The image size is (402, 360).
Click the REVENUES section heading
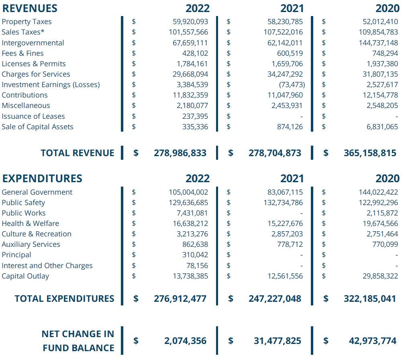[30, 8]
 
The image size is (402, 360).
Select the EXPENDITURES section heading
[42, 179]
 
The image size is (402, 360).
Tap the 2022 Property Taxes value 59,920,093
[190, 22]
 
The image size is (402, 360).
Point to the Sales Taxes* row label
[23, 32]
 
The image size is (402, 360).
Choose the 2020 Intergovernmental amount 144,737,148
[378, 43]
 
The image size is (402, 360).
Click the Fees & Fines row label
[22, 53]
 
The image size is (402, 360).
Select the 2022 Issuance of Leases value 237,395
[195, 116]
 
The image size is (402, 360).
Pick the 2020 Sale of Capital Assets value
[380, 127]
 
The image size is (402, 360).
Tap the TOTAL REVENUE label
[77, 153]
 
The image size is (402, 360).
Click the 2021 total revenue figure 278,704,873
[275, 153]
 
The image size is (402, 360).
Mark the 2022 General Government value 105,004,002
[188, 192]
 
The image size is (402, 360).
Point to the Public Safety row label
[23, 203]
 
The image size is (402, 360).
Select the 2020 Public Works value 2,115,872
[380, 213]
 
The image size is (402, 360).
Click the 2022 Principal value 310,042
[195, 255]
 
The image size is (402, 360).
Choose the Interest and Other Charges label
[47, 266]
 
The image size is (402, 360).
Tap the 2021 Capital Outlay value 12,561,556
[285, 276]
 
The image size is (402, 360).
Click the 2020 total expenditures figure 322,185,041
[370, 299]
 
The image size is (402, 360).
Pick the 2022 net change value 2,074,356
[185, 341]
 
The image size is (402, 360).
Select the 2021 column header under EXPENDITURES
[292, 179]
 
